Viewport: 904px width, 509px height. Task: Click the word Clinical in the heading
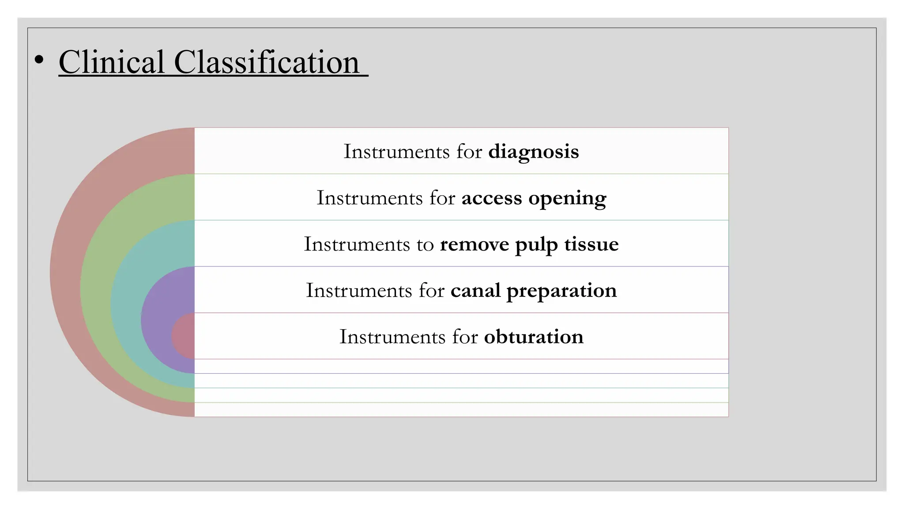(x=111, y=62)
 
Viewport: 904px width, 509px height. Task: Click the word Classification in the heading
(x=267, y=62)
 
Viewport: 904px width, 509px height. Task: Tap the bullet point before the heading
(x=39, y=60)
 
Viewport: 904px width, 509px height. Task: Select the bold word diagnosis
(x=533, y=152)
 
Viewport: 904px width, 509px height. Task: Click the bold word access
(x=491, y=198)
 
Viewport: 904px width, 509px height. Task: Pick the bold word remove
(x=474, y=244)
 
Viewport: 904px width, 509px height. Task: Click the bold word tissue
(x=591, y=244)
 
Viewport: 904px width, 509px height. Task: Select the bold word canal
(x=475, y=291)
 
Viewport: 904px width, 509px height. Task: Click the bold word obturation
(x=533, y=337)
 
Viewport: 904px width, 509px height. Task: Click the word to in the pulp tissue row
(x=425, y=245)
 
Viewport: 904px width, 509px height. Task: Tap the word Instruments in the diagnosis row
(x=396, y=152)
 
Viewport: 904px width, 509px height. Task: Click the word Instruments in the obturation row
(x=392, y=337)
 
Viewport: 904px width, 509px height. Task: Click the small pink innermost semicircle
(x=184, y=336)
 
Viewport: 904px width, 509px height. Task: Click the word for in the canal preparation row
(x=431, y=291)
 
